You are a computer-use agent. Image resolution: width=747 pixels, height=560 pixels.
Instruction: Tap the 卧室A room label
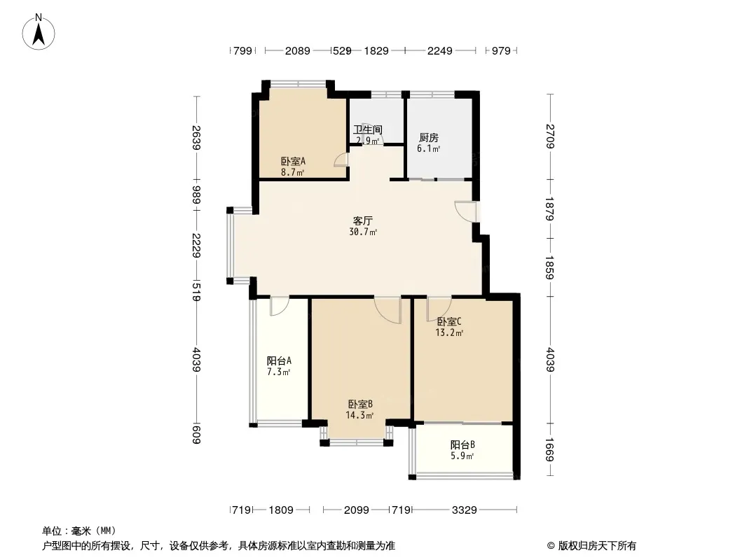293,162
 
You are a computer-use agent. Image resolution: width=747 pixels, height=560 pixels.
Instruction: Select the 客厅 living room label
363,220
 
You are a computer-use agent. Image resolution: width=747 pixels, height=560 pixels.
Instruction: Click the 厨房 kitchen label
429,138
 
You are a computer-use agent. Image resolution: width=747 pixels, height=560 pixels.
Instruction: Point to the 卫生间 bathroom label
368,130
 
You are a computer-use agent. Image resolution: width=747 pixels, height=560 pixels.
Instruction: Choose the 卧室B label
360,405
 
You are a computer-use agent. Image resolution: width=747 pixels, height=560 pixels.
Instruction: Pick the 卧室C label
449,321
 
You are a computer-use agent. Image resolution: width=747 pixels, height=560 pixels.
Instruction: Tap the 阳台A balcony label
279,361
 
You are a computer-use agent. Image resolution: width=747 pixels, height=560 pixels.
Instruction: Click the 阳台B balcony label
462,445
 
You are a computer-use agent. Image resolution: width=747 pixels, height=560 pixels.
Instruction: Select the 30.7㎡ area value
363,232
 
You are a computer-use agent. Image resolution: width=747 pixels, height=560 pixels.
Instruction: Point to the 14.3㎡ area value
359,415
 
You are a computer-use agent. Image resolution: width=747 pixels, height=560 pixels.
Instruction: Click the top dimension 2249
439,50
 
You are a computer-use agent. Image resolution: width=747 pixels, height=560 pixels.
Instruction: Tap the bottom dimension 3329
465,510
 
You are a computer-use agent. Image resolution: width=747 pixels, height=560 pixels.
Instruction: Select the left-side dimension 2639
196,137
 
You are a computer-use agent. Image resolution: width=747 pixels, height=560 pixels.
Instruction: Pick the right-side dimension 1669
550,449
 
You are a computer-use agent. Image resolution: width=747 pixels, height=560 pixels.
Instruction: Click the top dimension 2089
298,50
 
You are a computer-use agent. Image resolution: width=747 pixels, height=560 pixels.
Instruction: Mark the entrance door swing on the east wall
465,211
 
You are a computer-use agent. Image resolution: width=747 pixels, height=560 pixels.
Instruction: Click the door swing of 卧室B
388,310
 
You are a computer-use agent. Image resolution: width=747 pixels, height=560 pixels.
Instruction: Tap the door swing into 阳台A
279,306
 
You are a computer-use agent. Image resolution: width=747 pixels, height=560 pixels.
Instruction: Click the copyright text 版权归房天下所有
597,546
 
